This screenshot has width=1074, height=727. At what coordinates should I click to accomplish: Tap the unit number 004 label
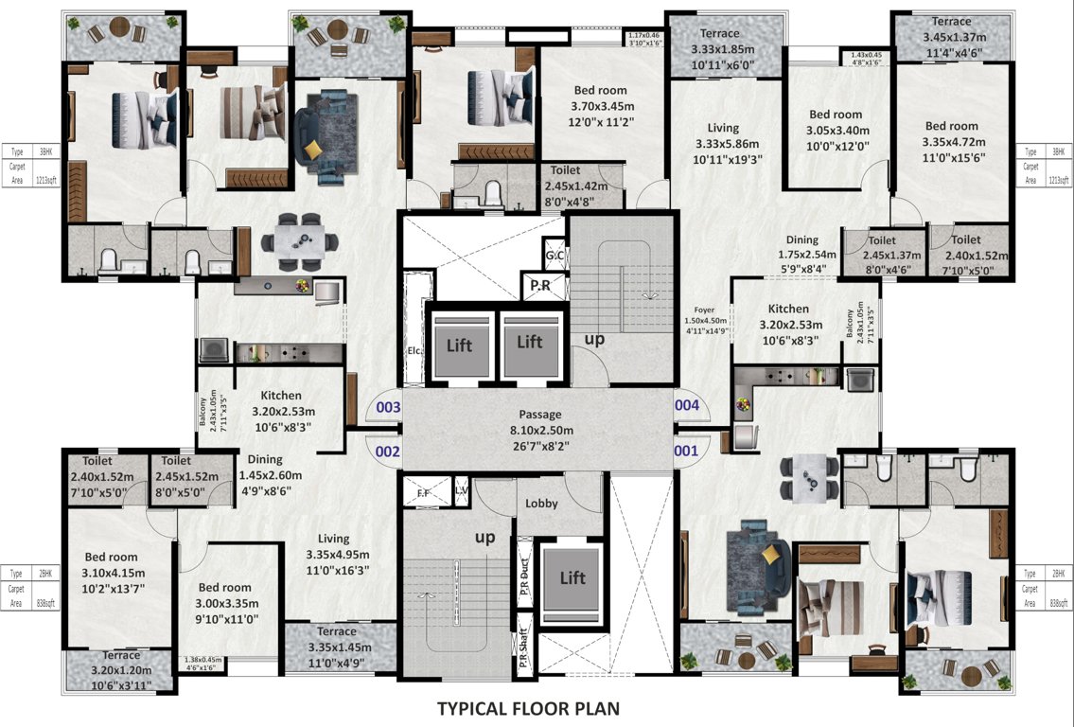tap(686, 405)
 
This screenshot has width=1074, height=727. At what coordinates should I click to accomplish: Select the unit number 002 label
tap(388, 452)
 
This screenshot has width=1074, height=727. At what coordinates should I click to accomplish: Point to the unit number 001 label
tap(686, 452)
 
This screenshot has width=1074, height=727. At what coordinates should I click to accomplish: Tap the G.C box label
tap(555, 256)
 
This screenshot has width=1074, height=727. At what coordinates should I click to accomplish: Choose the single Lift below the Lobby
tap(572, 577)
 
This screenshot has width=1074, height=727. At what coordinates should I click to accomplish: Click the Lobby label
tap(541, 504)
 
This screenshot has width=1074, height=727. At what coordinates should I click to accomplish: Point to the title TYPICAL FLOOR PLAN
tap(528, 707)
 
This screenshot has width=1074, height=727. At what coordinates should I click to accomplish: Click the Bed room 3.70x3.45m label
tap(603, 105)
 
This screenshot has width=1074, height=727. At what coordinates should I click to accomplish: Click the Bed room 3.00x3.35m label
tap(224, 603)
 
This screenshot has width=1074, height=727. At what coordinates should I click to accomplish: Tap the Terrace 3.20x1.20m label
tap(121, 668)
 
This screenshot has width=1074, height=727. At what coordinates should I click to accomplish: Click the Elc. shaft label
tap(413, 348)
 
